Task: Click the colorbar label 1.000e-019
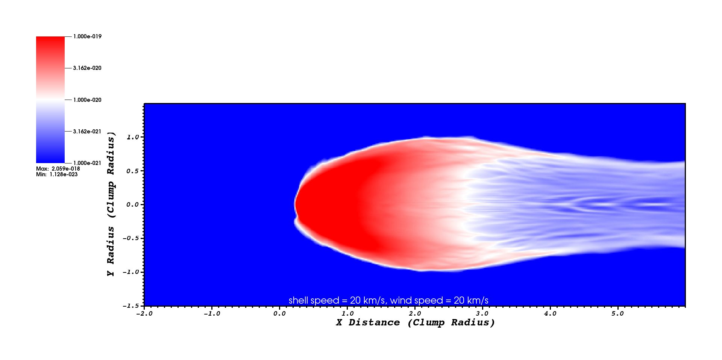coord(87,36)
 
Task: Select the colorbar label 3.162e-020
coord(87,68)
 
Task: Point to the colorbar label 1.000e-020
coord(87,100)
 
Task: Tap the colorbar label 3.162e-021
coord(87,132)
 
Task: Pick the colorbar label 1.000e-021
coord(87,163)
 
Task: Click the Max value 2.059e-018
coord(66,169)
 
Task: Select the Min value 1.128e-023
coord(64,174)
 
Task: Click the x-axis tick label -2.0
coord(144,313)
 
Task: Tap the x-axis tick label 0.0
coord(280,313)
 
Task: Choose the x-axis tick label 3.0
coord(482,313)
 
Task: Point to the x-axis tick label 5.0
coord(618,313)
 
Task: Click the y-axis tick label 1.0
coord(133,137)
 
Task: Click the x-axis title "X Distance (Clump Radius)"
coord(416,322)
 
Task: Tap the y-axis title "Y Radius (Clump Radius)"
coord(111,204)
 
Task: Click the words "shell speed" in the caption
coord(314,300)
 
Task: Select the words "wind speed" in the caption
coord(417,300)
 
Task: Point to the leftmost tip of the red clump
coord(295,205)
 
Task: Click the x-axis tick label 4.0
coord(550,313)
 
